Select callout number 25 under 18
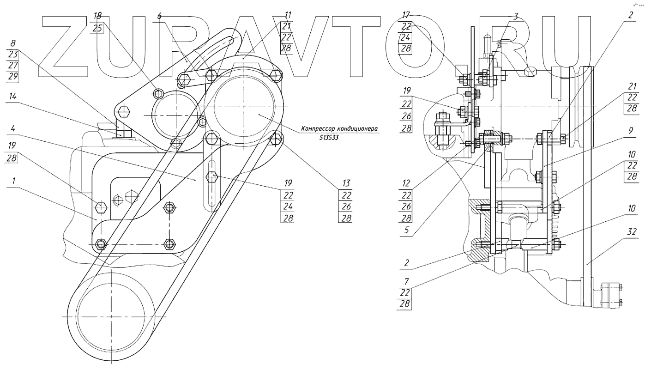click(97, 28)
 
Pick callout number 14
click(12, 98)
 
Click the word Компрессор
click(319, 129)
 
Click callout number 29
click(12, 76)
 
